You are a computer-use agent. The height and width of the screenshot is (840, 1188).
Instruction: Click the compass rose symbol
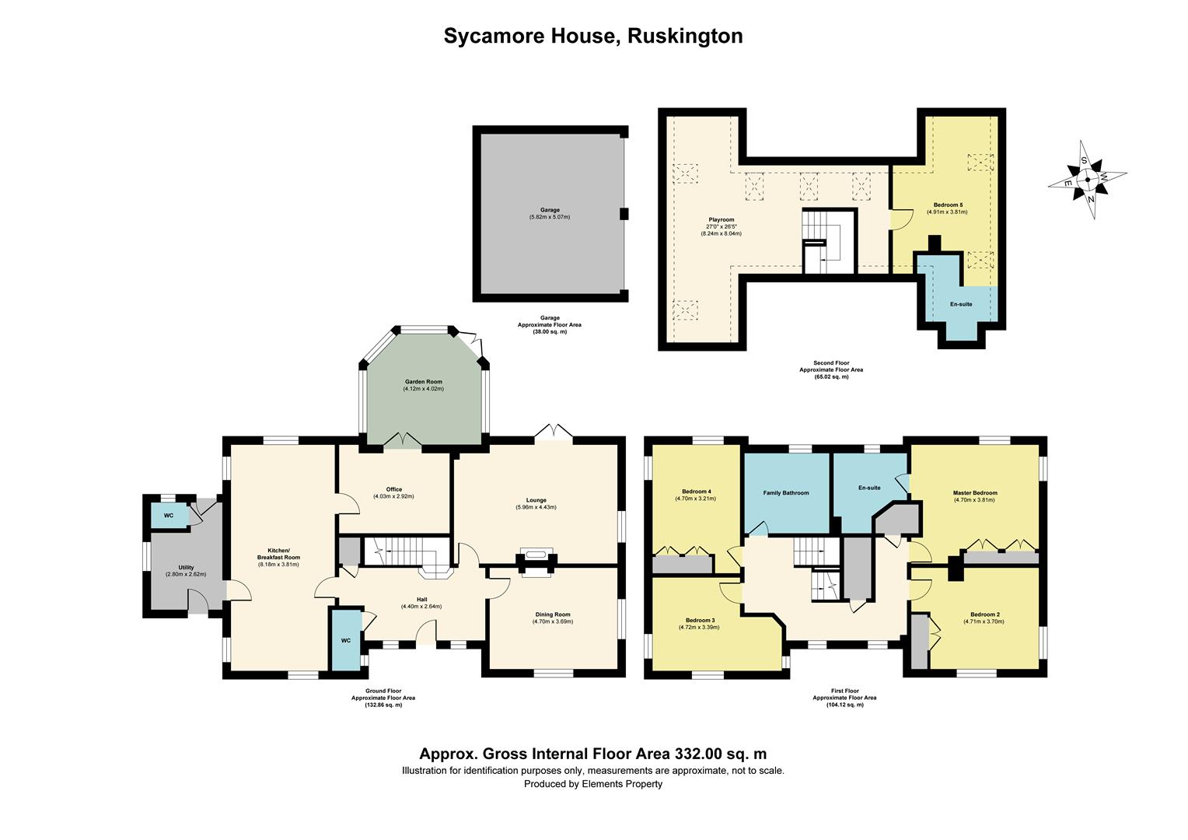(x=1087, y=180)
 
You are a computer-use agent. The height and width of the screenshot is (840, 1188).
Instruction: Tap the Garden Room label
(x=423, y=382)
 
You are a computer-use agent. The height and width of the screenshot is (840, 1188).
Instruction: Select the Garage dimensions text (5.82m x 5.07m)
(x=550, y=217)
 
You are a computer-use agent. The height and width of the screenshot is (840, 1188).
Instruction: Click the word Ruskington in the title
(x=685, y=36)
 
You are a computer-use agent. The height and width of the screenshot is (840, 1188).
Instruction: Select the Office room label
(x=394, y=489)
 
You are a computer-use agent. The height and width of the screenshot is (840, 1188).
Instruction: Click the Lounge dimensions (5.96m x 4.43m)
(x=536, y=507)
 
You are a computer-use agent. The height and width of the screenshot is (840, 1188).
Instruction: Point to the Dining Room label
(x=552, y=614)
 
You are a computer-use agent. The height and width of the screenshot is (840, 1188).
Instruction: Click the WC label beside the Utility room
(x=169, y=516)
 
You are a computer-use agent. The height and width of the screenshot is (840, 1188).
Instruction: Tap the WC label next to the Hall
(x=346, y=641)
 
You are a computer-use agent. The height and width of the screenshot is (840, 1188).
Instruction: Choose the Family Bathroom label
(x=785, y=493)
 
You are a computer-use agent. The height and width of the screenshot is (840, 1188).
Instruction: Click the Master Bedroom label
(x=975, y=493)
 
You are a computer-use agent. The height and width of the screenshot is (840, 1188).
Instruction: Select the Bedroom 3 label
(x=697, y=620)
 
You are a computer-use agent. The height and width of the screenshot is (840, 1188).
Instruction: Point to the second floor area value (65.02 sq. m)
(x=831, y=376)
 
